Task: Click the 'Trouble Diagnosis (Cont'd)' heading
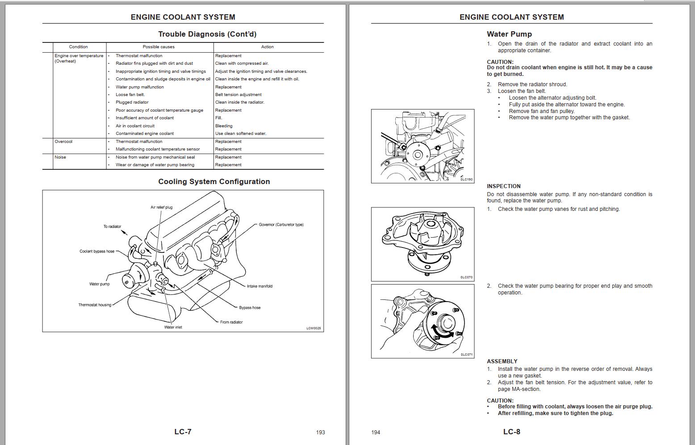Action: (207, 34)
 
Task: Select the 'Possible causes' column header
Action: (159, 47)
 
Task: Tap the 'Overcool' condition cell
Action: (63, 142)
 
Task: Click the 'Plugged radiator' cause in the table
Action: (132, 102)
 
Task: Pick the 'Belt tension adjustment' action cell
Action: (238, 95)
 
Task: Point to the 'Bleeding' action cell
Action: (224, 126)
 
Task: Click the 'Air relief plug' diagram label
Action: (161, 207)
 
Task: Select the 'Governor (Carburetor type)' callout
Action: (281, 225)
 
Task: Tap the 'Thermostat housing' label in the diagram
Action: (95, 305)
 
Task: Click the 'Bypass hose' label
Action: (250, 308)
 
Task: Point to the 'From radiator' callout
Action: (231, 322)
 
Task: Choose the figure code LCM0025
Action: (314, 328)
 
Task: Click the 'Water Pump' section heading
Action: (509, 34)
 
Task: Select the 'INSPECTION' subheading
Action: (503, 186)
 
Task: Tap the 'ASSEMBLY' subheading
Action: (502, 361)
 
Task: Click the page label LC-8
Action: (511, 432)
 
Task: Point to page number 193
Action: (320, 432)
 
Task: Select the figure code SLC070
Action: (466, 277)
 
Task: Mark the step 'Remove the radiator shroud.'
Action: (532, 84)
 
